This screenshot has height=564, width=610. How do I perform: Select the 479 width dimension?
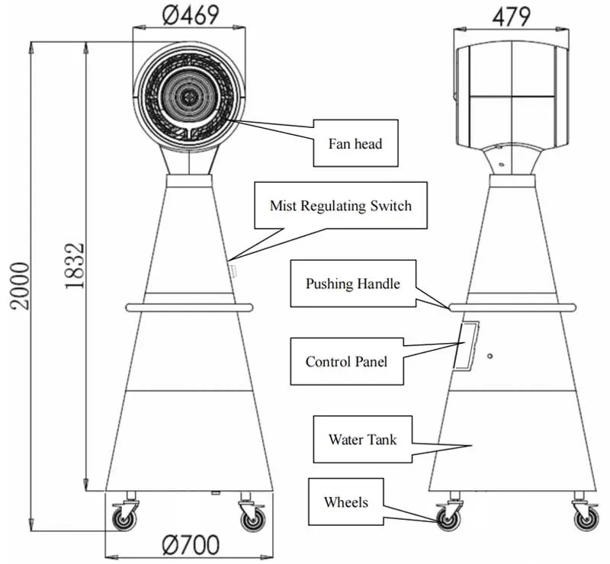512,15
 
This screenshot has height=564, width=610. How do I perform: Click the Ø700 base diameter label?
191,545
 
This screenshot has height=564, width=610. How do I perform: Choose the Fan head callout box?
355,143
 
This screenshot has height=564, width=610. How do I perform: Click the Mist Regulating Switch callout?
340,206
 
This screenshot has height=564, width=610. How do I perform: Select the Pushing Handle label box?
352,284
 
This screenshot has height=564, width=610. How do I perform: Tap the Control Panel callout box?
346,361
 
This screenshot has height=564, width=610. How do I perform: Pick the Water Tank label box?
362,439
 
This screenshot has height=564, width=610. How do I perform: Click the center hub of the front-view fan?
188,95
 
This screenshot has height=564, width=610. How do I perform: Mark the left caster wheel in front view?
122,519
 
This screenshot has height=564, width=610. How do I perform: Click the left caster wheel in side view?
445,519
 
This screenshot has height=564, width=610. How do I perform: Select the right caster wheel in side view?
586,519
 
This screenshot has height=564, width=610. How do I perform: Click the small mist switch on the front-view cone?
234,270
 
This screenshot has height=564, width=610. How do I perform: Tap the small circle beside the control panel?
490,355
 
